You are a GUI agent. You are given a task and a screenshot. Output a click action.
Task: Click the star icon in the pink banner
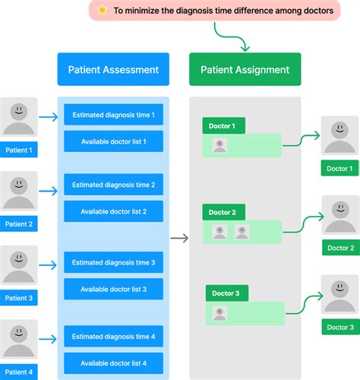click(x=102, y=11)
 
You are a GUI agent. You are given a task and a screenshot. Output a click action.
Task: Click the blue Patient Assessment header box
click(x=113, y=70)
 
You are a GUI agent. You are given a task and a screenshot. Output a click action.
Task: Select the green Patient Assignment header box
click(x=245, y=70)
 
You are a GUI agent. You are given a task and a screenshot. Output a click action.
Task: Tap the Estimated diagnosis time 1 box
click(x=113, y=116)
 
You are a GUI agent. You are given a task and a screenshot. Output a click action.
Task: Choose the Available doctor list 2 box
click(x=113, y=211)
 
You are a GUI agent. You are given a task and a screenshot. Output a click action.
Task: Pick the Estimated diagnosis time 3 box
click(x=113, y=263)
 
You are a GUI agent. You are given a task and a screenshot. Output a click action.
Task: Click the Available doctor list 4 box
click(x=113, y=363)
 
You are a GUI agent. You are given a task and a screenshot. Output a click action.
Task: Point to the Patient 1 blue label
click(x=19, y=150)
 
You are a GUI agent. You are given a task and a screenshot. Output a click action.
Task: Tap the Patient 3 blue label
click(x=19, y=299)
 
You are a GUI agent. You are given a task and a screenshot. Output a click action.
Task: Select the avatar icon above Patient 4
click(x=19, y=339)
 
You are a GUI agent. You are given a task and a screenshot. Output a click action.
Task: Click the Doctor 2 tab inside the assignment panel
click(x=223, y=212)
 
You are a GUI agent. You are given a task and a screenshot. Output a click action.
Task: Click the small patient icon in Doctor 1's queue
click(x=219, y=145)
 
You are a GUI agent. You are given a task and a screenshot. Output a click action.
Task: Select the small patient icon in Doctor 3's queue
click(x=221, y=312)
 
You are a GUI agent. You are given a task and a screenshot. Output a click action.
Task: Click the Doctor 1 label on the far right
click(x=339, y=168)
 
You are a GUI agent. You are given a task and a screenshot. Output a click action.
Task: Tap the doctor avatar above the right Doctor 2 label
click(x=340, y=215)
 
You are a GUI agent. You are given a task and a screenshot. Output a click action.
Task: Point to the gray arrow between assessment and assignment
click(x=179, y=239)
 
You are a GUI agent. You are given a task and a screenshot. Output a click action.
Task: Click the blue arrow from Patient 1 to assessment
click(x=47, y=117)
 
